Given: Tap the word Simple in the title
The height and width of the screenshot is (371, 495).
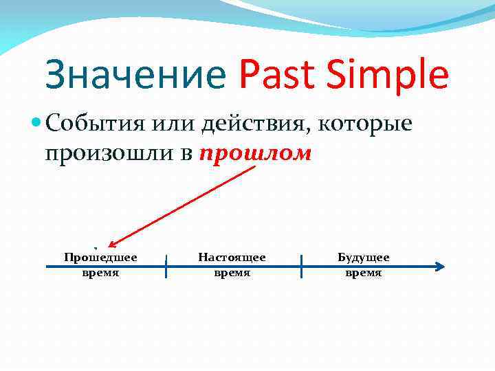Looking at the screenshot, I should (x=388, y=76).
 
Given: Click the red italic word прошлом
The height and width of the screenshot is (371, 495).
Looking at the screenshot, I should (x=255, y=154).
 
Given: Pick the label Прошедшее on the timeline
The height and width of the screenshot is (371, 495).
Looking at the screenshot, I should (x=100, y=258).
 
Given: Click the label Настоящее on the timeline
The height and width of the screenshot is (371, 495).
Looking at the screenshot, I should (x=232, y=258).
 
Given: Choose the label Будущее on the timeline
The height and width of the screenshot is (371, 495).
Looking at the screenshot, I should (x=363, y=258).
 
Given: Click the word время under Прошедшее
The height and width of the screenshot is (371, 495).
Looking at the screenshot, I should (x=100, y=273).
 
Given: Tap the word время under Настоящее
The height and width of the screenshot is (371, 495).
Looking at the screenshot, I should (x=232, y=273).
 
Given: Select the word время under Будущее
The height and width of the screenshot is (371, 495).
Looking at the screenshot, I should (x=363, y=273).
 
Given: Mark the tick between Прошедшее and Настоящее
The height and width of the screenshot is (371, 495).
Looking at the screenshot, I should (x=166, y=266).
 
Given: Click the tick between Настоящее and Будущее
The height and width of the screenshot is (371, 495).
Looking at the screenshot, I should (x=301, y=266).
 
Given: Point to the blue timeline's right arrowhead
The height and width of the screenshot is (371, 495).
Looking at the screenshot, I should (x=441, y=267).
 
